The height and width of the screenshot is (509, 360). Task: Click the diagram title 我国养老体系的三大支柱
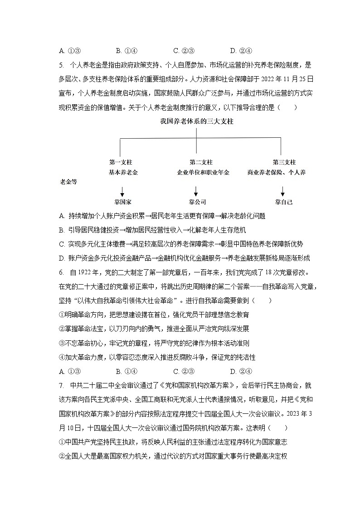pos(196,121)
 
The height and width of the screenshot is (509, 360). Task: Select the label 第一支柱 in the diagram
pos(121,162)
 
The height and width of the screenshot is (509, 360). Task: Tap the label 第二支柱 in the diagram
pos(201,162)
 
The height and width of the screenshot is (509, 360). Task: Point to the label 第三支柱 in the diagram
pos(284,162)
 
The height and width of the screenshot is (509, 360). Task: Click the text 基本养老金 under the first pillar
pos(123,172)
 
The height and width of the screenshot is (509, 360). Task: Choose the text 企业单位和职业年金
pos(203,172)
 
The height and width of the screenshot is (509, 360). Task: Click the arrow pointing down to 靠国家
pos(122,190)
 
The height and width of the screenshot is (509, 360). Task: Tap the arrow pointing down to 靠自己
pos(283,190)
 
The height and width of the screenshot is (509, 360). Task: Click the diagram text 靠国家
pos(123,202)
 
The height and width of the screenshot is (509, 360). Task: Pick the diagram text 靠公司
pos(198,202)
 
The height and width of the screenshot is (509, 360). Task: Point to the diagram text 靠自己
pos(284,202)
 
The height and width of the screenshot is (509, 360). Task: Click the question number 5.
pos(61,64)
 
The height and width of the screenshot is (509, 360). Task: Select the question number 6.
pos(61,273)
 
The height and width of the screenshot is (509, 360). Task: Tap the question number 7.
pos(61,386)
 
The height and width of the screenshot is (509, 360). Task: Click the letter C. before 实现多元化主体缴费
pos(62,244)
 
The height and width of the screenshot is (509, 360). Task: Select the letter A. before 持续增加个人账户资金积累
pos(62,216)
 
